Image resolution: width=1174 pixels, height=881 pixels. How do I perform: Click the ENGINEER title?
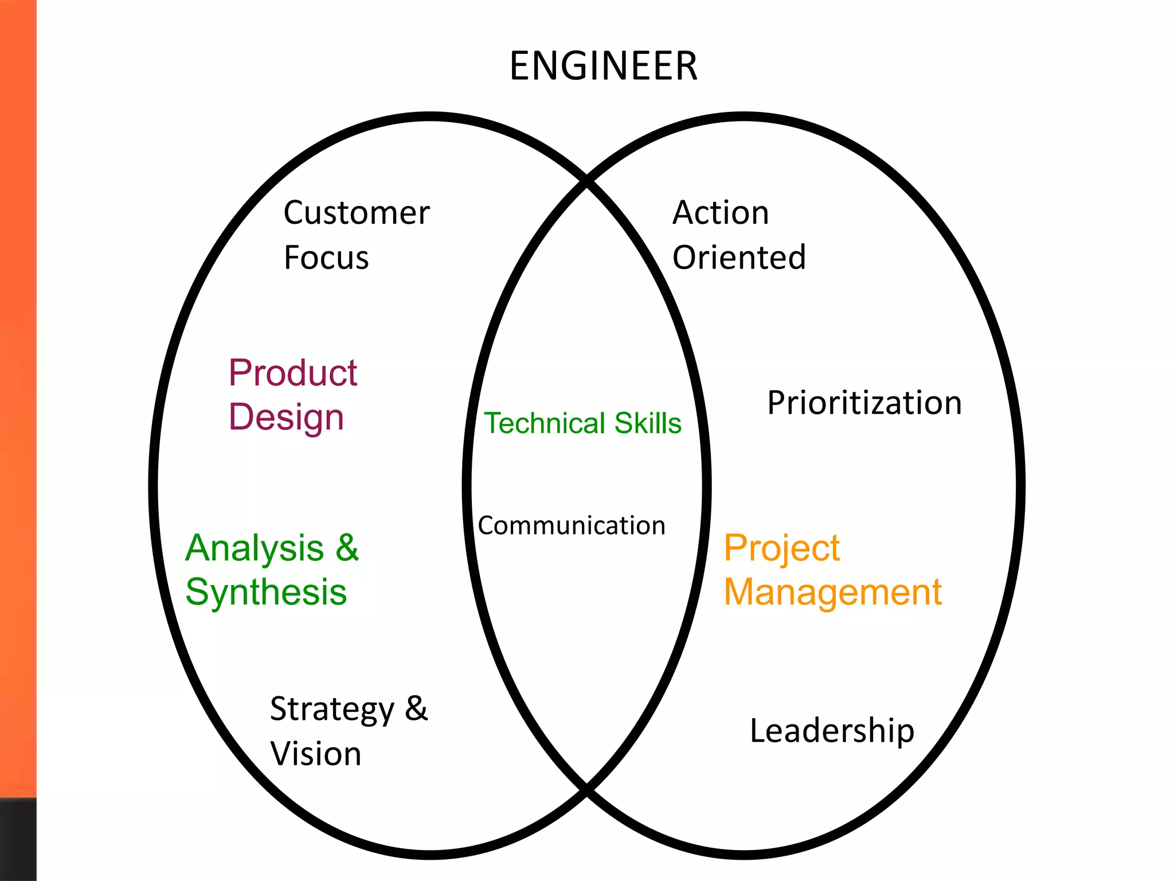pyautogui.click(x=603, y=66)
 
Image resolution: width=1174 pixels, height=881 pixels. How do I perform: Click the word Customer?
pyautogui.click(x=356, y=213)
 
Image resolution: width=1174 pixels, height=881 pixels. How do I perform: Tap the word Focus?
pyautogui.click(x=326, y=258)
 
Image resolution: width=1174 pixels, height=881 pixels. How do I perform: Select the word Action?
pyautogui.click(x=721, y=213)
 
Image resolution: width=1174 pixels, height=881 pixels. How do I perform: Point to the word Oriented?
pyautogui.click(x=739, y=258)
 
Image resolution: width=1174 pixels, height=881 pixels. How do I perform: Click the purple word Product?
pyautogui.click(x=293, y=373)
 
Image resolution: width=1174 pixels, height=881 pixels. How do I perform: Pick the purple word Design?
pyautogui.click(x=286, y=417)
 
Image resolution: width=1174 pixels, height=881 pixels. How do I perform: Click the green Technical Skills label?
pyautogui.click(x=583, y=423)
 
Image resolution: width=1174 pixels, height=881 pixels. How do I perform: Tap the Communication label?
pyautogui.click(x=572, y=526)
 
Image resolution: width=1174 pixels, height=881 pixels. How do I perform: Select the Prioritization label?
pyautogui.click(x=864, y=403)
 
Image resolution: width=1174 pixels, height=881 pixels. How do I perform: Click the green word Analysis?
pyautogui.click(x=255, y=548)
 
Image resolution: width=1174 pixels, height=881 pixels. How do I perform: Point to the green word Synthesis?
pyautogui.click(x=266, y=592)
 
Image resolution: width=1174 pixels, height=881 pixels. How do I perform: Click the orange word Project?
pyautogui.click(x=781, y=548)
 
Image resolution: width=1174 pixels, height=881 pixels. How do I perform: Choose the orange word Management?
pyautogui.click(x=832, y=592)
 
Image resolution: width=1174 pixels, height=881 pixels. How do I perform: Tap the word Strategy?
pyautogui.click(x=332, y=710)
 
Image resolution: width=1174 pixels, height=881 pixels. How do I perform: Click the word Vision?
pyautogui.click(x=316, y=754)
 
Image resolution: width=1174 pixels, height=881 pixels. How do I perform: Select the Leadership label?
pyautogui.click(x=832, y=731)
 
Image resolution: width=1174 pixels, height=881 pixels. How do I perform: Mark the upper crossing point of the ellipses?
pyautogui.click(x=586, y=181)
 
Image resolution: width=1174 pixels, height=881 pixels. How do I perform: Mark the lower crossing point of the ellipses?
pyautogui.click(x=586, y=790)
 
